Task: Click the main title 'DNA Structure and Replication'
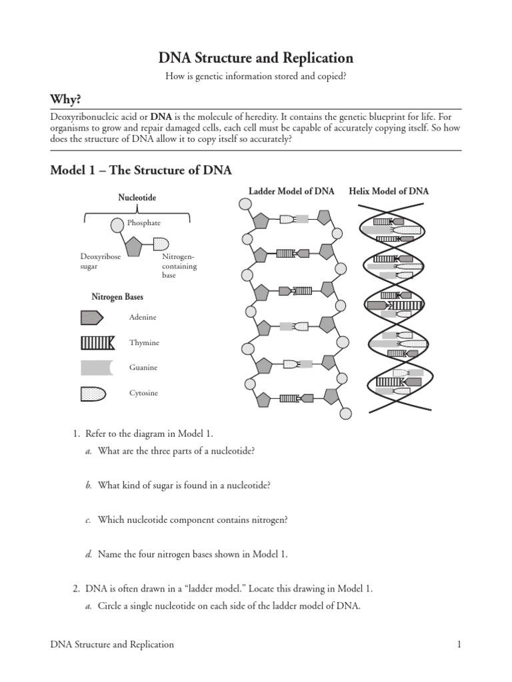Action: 255,58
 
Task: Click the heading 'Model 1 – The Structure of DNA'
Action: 141,170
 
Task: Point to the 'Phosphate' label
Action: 144,223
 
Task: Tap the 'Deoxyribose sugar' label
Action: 100,261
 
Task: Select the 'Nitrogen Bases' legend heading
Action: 117,296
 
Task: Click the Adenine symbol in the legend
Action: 91,318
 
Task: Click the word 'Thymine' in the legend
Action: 144,342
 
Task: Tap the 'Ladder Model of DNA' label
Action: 292,191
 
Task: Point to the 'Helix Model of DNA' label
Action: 389,191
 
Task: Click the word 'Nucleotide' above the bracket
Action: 137,198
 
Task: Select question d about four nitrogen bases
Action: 192,553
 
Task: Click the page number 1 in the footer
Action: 459,644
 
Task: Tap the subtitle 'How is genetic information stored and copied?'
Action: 255,77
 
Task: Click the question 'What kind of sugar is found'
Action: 183,486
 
